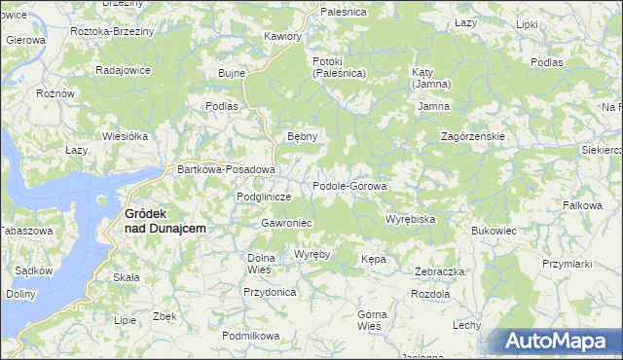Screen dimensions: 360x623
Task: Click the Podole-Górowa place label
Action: [349, 186]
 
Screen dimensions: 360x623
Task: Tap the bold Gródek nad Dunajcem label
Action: [165, 221]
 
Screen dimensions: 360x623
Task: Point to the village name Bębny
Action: [302, 136]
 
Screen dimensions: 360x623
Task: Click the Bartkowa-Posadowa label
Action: [227, 169]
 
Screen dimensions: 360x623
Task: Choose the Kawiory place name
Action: [283, 36]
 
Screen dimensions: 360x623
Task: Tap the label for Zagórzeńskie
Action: [472, 136]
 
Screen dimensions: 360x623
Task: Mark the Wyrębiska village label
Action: [410, 219]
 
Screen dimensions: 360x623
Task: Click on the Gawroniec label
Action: [285, 223]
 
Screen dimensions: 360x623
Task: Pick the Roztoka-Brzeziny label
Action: [113, 31]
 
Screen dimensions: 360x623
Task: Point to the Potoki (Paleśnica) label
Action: [339, 67]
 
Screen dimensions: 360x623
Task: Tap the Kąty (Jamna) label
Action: [429, 78]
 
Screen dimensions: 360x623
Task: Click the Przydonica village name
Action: [270, 291]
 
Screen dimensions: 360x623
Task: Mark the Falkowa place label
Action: [582, 205]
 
